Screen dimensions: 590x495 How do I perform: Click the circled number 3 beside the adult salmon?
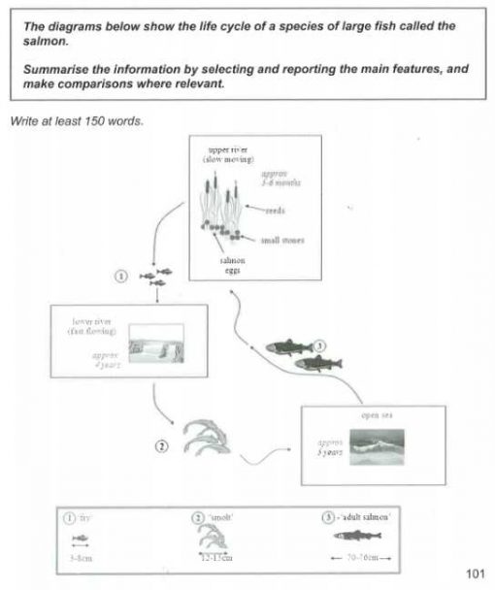click(x=321, y=345)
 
